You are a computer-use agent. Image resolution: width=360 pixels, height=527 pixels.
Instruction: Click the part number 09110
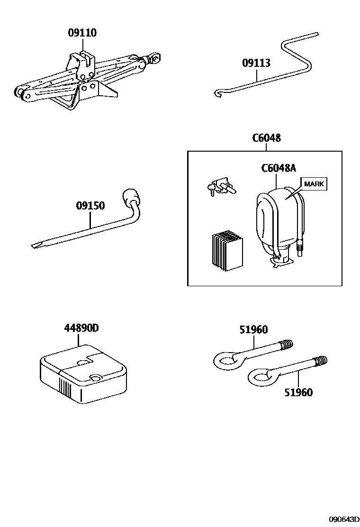[82, 33]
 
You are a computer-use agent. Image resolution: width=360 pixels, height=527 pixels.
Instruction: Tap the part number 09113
[256, 63]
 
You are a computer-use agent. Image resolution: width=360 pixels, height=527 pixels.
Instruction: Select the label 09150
[90, 206]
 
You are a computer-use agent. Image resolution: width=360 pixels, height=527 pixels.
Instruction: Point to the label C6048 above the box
[266, 138]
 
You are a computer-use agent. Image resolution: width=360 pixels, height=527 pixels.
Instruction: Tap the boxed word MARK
[314, 184]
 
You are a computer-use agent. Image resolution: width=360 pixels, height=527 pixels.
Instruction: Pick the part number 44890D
[81, 328]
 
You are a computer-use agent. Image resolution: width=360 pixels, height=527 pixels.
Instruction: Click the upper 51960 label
[253, 329]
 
